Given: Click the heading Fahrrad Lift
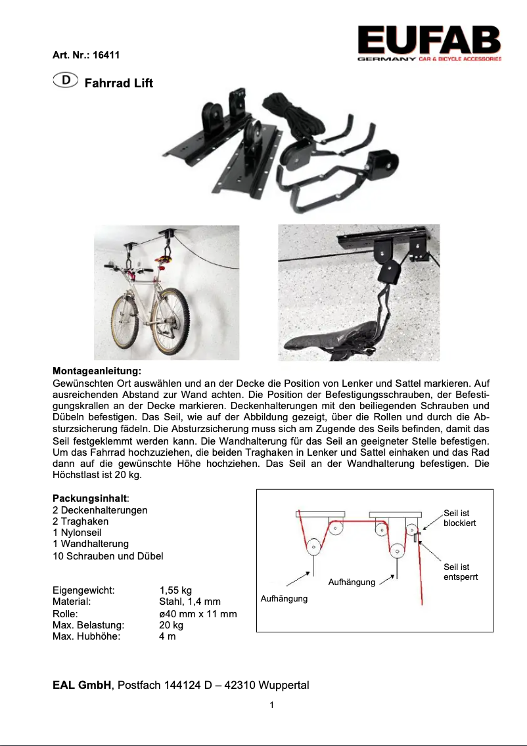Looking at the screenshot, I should coord(119,83).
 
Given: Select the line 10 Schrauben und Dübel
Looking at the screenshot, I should coord(108,556).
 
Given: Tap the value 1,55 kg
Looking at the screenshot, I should coord(175,590).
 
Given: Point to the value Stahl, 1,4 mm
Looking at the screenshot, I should coord(190,602).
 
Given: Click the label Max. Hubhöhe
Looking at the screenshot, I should coord(87,636).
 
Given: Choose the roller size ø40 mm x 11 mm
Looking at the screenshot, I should coord(198,613).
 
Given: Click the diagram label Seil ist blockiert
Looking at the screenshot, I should coord(459,518).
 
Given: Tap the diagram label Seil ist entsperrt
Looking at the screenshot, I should coord(460,572).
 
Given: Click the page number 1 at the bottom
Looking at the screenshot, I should coord(271,705).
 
